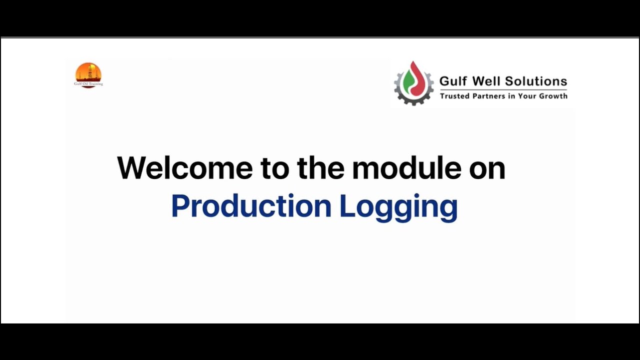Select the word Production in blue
(x=251, y=206)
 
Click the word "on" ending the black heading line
(x=487, y=169)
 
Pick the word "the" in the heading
(x=320, y=168)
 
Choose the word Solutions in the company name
(x=536, y=81)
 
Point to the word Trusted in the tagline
(x=454, y=95)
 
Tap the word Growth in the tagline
(x=553, y=95)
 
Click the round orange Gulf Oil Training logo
(x=88, y=72)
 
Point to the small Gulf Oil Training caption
(x=88, y=84)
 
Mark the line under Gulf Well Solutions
(x=503, y=89)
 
